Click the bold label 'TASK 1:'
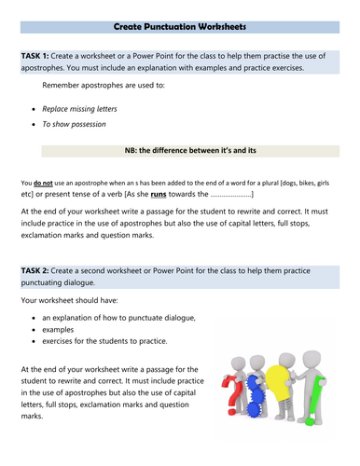(41, 57)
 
